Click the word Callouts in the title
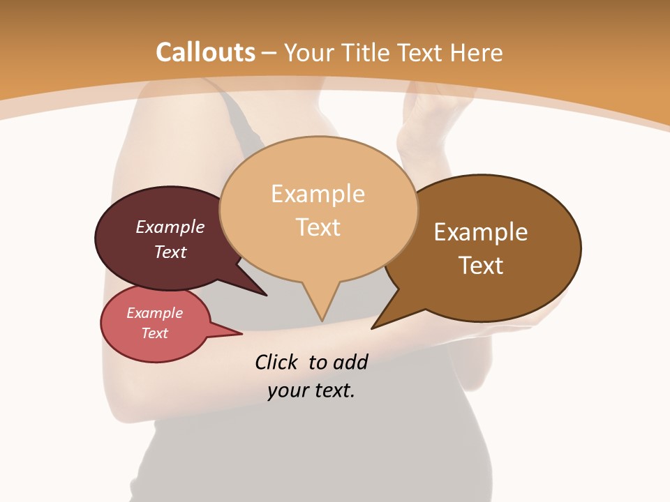pos(205,52)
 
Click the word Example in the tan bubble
pos(318,193)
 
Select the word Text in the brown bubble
pos(481,266)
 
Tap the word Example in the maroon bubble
pos(170,227)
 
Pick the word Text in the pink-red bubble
pos(155,333)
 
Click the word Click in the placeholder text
pos(278,362)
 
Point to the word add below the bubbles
pos(351,362)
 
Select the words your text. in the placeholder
pos(311,390)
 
